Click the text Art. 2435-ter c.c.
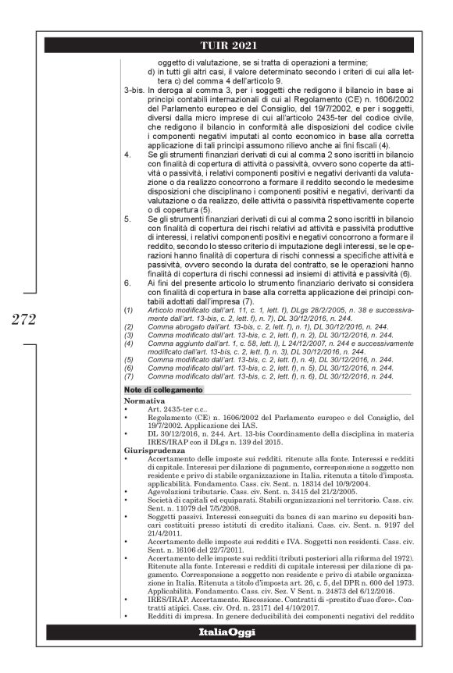pyautogui.click(x=174, y=408)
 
